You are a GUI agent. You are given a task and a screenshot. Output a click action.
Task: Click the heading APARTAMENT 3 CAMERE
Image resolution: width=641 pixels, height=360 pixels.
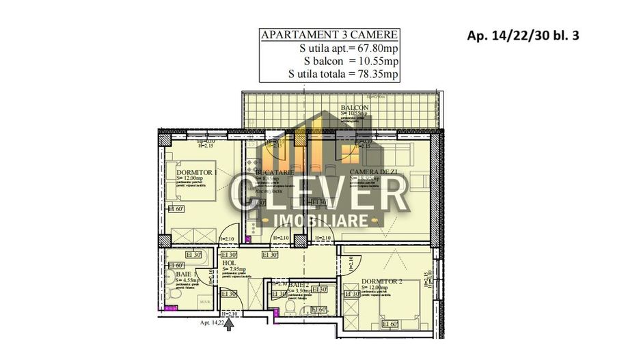[x=329, y=36]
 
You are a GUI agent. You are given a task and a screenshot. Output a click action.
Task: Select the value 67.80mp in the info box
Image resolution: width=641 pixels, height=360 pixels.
[x=373, y=49]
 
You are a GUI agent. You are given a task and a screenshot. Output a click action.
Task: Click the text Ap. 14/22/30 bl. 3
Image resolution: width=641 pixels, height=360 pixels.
[x=523, y=36]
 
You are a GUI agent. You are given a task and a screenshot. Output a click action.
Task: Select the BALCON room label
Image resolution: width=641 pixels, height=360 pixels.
[x=355, y=108]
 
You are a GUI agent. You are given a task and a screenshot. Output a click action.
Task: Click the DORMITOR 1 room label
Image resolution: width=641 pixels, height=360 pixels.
[x=196, y=172]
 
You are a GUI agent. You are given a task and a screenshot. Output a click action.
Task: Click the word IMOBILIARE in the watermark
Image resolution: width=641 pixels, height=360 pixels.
[x=320, y=220]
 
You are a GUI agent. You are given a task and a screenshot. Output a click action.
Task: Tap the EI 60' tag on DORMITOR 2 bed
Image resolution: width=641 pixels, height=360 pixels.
[x=390, y=324]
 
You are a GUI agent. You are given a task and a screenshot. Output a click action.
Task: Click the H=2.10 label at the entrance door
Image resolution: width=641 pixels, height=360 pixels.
[x=230, y=314]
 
